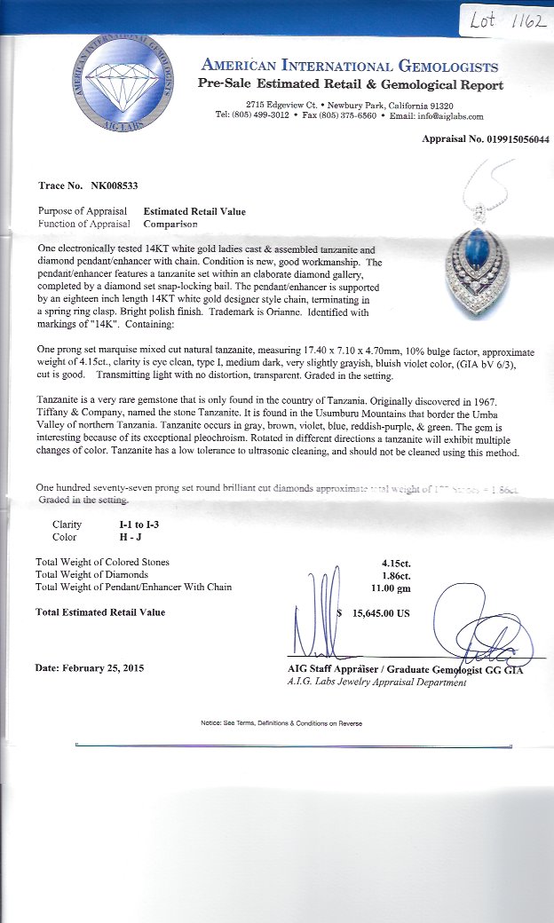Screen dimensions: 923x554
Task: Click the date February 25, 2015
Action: (x=104, y=667)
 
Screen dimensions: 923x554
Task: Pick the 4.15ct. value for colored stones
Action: (x=396, y=562)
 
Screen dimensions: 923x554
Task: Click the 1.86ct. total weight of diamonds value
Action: (x=396, y=574)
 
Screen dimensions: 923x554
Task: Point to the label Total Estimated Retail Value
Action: (x=100, y=612)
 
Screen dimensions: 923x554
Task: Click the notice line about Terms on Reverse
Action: (x=281, y=723)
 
